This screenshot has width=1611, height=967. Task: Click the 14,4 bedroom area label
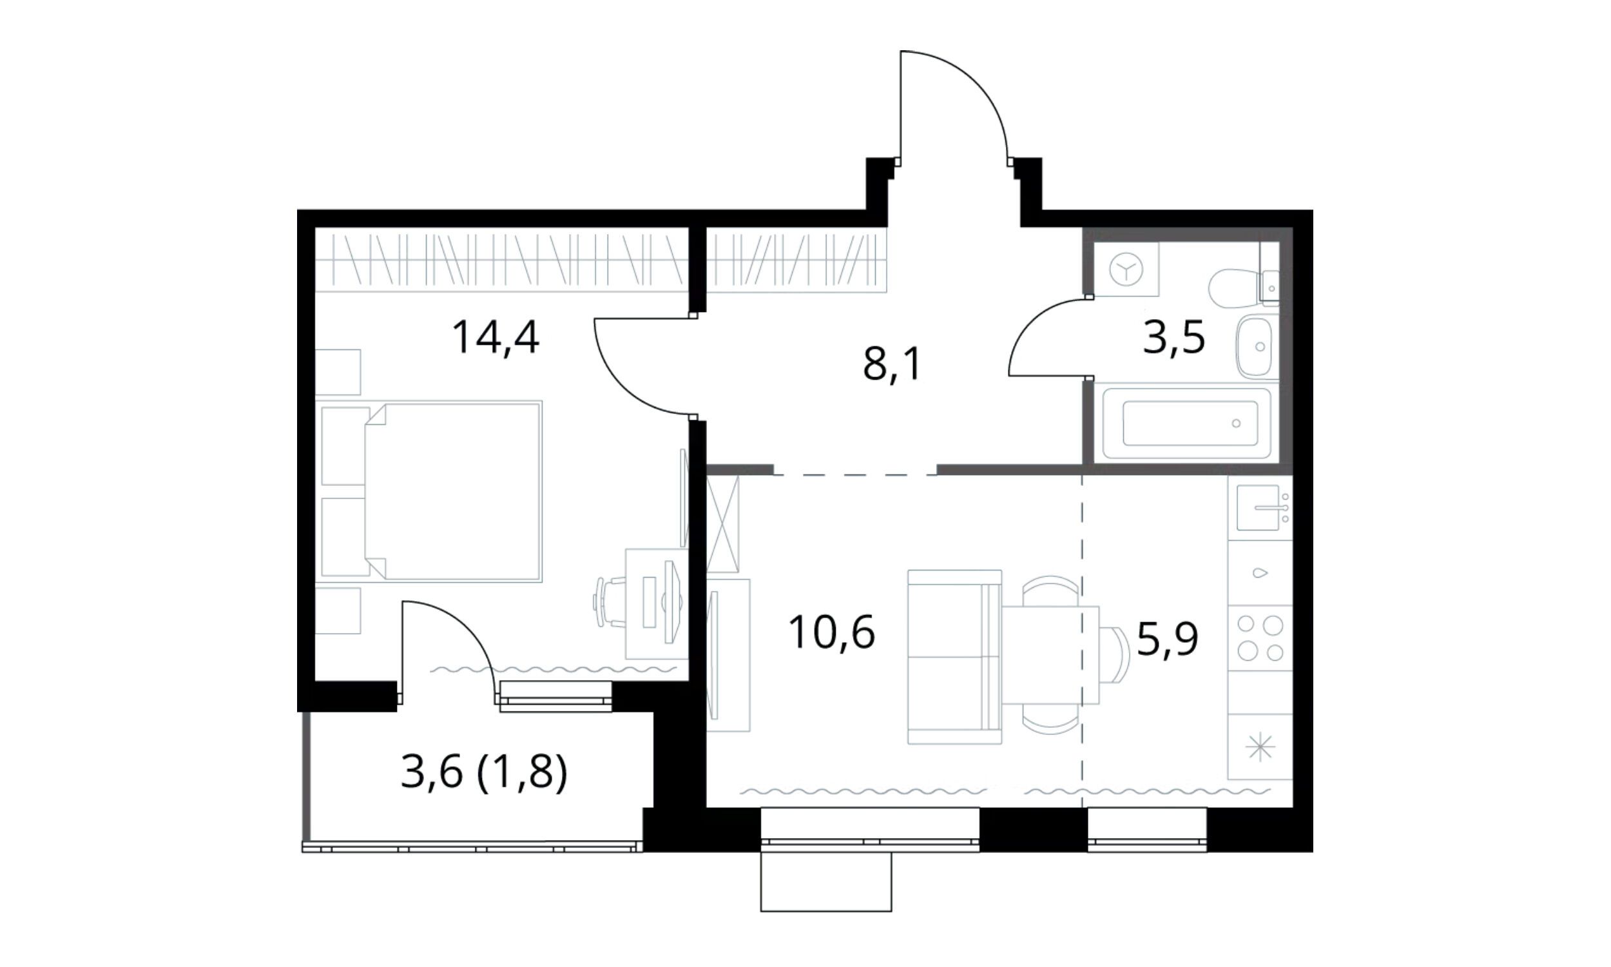coord(496,338)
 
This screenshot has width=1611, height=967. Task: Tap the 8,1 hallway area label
coord(892,364)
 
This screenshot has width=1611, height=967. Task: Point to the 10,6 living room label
coord(831,632)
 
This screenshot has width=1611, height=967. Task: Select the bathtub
coord(1186,423)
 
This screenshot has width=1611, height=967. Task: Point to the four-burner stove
coord(1260,639)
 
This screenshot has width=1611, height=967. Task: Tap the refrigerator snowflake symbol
coord(1260,747)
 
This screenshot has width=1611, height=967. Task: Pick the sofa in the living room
coord(954,656)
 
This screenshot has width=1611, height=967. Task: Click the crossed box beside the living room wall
coord(724,524)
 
